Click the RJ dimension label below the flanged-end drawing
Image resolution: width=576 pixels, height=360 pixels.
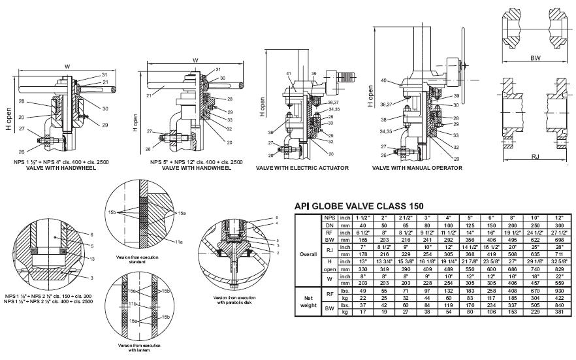click(535, 157)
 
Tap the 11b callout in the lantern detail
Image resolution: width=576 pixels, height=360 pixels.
click(130, 304)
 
